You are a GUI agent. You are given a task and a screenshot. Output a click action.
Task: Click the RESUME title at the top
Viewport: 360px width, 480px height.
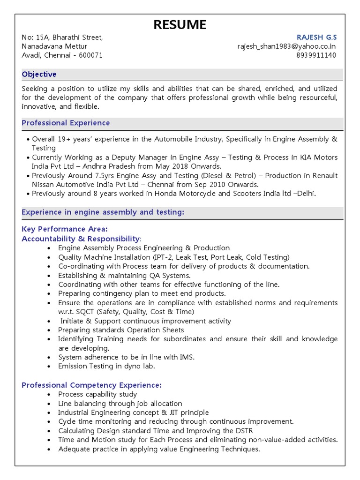pos(180,24)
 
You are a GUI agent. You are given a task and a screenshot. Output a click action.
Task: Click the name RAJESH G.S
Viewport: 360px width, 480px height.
pos(316,37)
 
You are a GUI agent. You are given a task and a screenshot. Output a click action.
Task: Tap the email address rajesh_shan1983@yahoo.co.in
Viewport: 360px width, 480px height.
pos(287,46)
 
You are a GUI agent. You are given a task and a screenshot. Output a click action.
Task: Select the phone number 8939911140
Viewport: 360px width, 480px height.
pos(316,55)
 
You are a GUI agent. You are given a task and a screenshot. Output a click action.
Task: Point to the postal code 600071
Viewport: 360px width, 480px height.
pos(89,55)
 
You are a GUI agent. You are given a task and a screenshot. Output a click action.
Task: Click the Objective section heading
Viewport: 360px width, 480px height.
pos(39,74)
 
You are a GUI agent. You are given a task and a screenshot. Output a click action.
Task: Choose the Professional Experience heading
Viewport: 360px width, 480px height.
pos(66,123)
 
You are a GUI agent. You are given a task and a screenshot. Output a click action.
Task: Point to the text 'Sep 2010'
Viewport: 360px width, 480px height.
pos(219,184)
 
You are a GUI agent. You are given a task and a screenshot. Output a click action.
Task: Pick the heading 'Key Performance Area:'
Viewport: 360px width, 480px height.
pos(65,229)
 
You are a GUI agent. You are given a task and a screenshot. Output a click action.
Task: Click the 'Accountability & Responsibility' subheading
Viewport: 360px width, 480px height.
pos(81,239)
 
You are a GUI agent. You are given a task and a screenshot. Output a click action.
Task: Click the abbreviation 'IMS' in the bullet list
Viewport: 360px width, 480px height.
pos(186,357)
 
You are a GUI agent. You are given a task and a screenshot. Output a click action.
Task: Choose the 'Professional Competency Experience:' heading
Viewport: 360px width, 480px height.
pos(91,385)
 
